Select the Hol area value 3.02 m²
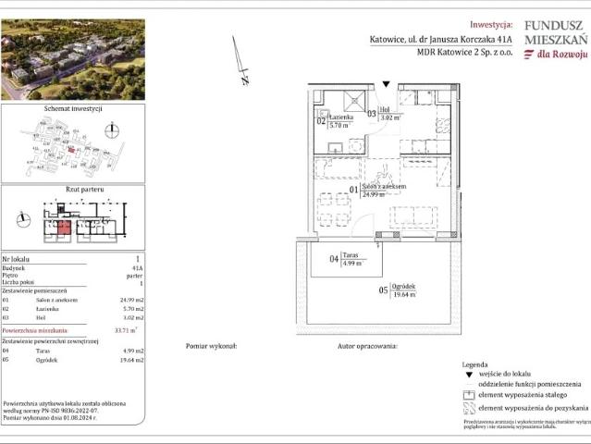[x=390, y=118]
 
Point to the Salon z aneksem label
[x=385, y=186]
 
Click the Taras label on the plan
[x=350, y=253]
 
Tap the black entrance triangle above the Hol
[x=386, y=84]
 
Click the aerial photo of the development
[x=73, y=59]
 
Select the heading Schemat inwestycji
[x=73, y=108]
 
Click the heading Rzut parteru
[x=73, y=189]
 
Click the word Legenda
[x=474, y=364]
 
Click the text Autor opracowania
[x=367, y=345]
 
